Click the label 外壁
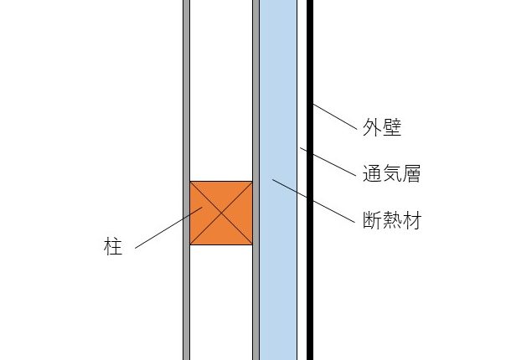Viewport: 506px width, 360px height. [382, 128]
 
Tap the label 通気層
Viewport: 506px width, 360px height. [391, 175]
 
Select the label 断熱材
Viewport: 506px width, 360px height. [391, 222]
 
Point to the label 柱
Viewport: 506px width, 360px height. [113, 248]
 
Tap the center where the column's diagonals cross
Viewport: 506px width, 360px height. [221, 213]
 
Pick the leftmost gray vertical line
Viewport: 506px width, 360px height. [186, 84]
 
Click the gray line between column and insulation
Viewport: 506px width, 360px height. [256, 84]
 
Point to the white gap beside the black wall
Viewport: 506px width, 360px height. [302, 84]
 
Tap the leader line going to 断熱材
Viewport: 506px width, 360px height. [311, 200]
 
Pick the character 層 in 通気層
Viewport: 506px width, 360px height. [410, 175]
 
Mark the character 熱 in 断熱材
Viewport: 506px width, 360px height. [391, 222]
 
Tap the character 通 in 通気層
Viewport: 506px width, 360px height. [372, 175]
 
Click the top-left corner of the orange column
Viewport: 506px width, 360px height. [191, 182]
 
